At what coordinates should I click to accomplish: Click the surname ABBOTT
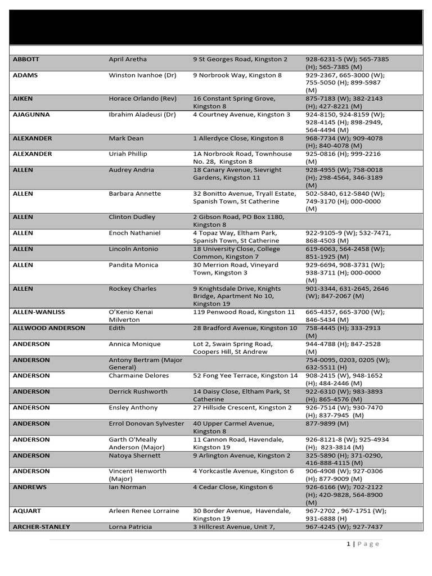point(26,59)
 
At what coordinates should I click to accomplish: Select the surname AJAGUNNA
point(31,114)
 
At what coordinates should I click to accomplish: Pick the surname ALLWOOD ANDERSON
point(48,328)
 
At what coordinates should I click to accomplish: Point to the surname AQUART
point(27,511)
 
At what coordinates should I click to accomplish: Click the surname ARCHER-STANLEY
point(41,526)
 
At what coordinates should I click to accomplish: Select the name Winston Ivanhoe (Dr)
point(139,75)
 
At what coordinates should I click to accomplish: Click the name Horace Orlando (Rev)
point(142,98)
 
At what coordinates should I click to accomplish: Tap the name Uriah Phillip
point(129,154)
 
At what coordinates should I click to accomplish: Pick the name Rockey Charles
point(133,289)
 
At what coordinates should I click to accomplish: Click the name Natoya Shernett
point(134,455)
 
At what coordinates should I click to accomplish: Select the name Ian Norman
point(127,487)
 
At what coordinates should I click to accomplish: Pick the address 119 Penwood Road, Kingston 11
point(244,312)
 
